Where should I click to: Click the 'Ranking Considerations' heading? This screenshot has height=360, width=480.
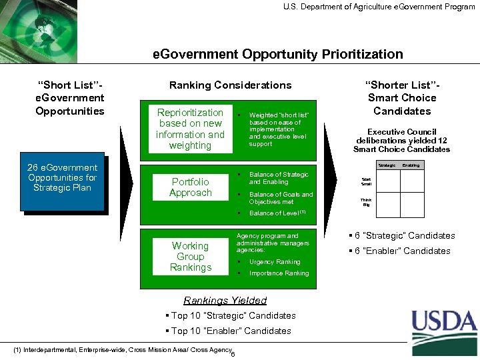(230, 85)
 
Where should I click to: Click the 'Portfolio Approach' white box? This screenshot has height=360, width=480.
(190, 187)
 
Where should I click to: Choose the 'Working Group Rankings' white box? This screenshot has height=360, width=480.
(190, 257)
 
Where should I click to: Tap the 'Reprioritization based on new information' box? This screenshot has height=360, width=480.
(190, 129)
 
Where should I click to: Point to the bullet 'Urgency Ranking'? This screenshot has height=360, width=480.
(275, 262)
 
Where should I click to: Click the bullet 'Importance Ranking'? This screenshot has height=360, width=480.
(279, 273)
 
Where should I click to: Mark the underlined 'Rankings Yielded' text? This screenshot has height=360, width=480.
(225, 301)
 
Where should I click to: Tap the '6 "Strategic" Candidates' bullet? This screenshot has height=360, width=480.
(402, 235)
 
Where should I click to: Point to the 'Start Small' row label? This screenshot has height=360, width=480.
(366, 181)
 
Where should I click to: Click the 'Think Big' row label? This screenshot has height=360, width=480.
(366, 203)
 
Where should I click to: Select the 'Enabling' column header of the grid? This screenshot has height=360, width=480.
(411, 165)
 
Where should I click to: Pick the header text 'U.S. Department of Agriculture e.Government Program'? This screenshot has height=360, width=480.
(379, 7)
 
